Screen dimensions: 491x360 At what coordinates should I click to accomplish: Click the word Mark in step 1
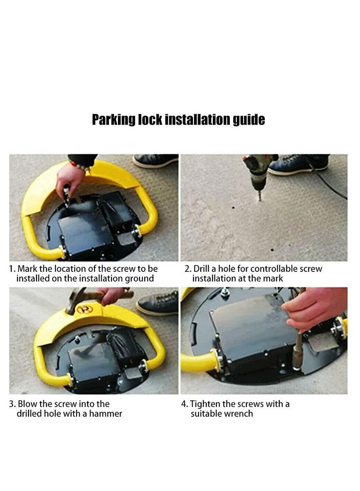[x=27, y=269]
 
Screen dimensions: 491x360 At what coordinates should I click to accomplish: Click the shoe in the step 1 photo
[x=155, y=160]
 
